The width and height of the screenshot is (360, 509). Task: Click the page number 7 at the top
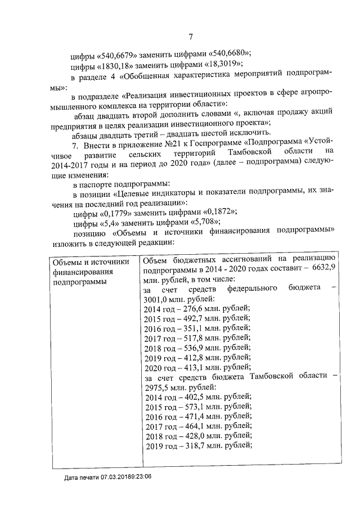[191, 37]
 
